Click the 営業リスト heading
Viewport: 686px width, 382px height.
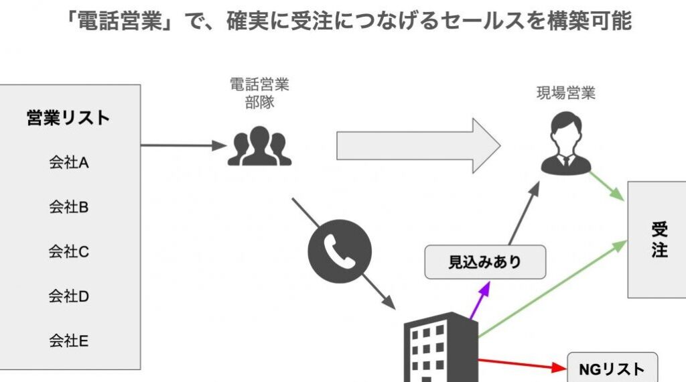click(68, 118)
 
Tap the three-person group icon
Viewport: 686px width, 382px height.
click(259, 146)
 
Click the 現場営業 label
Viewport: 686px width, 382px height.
click(566, 93)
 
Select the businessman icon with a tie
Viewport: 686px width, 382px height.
click(566, 145)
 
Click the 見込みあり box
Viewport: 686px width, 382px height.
click(485, 262)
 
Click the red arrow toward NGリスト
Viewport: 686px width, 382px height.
click(523, 364)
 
